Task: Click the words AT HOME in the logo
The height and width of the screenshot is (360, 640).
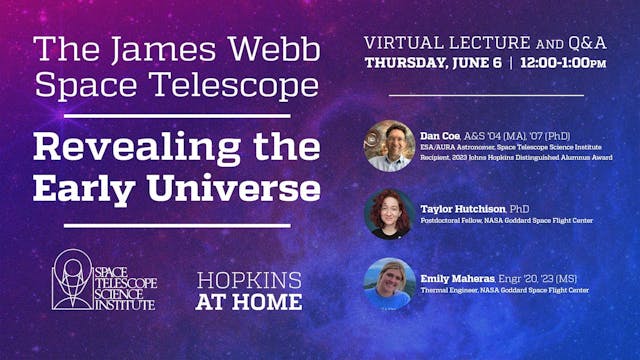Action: [x=249, y=301]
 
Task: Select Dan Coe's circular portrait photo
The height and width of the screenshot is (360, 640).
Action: [x=389, y=146]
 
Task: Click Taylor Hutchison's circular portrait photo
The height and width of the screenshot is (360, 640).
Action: [x=389, y=214]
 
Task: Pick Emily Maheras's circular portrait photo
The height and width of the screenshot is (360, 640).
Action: [x=389, y=283]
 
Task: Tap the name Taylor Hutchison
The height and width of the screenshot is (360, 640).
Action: [x=463, y=208]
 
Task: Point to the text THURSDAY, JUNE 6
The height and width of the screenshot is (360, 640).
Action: [x=420, y=63]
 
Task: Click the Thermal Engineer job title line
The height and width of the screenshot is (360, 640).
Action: [x=505, y=290]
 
